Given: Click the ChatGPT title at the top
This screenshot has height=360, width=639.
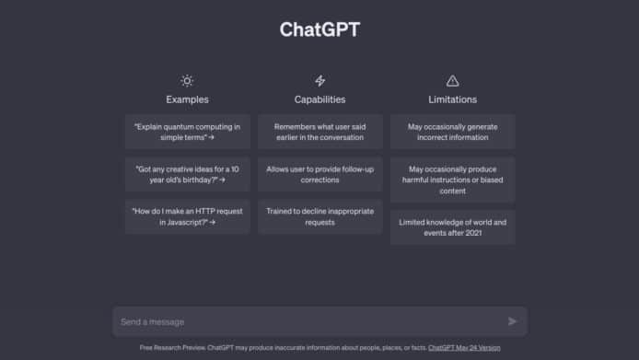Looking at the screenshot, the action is click(319, 29).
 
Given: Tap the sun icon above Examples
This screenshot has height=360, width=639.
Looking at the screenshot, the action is click(187, 80).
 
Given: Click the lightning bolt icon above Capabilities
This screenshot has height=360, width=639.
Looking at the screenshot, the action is click(319, 80).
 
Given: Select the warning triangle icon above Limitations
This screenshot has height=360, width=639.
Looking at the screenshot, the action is click(452, 80).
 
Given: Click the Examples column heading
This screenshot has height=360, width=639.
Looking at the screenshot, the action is click(187, 99).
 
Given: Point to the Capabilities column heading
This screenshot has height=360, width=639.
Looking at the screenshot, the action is click(319, 99).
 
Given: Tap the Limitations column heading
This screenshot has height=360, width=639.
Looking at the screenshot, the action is click(452, 99).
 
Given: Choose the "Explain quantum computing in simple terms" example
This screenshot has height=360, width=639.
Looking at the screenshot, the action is click(187, 132).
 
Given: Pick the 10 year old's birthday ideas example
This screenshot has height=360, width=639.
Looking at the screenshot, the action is click(187, 174).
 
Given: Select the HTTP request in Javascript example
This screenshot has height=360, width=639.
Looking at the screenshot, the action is click(187, 216).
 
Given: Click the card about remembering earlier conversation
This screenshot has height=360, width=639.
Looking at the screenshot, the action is click(319, 132).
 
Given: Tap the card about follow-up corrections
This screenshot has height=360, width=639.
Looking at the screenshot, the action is click(319, 174).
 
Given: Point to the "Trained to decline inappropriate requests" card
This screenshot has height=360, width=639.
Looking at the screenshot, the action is click(319, 216).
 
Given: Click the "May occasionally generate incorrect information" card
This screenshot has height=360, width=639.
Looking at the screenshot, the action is click(452, 132).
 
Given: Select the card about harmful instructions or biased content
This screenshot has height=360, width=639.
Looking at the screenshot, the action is click(452, 180).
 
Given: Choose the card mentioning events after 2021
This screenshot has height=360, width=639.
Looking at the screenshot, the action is click(452, 228).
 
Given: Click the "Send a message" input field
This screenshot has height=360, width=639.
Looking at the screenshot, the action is click(304, 321).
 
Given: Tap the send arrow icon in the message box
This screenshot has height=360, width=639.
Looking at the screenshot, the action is click(513, 321).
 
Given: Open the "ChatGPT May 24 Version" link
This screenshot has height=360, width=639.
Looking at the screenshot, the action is click(464, 348).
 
